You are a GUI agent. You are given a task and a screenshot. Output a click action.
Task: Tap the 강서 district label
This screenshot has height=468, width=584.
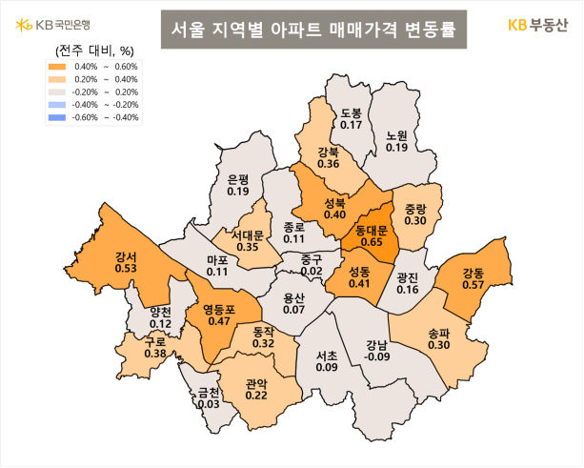tap(124, 255)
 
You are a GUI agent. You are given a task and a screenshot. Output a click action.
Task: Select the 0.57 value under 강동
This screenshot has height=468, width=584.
tap(473, 284)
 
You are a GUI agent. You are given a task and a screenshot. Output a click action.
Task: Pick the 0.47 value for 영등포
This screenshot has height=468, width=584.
tap(220, 321)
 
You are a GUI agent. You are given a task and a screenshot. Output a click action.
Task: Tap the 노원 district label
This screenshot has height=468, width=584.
tap(397, 135)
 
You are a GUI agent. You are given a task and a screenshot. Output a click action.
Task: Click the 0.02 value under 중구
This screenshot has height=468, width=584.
tap(311, 272)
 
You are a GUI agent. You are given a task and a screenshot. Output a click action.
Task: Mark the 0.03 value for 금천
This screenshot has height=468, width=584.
tap(209, 404)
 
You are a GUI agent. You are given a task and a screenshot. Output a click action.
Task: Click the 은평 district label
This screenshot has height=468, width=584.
tap(238, 179)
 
